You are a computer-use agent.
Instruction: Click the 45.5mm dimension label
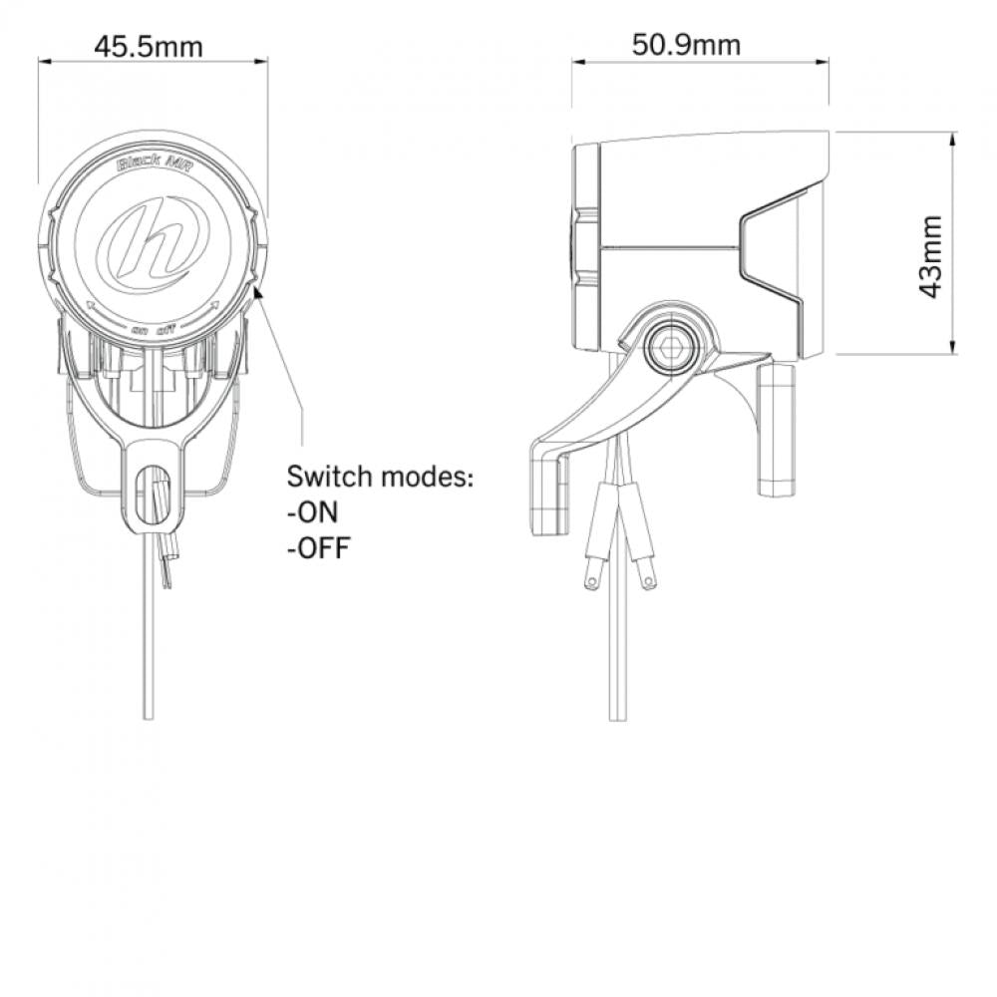pos(149,47)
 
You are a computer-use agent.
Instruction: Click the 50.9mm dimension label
pos(687,45)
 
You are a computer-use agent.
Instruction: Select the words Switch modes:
pos(380,476)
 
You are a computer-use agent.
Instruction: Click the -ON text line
pos(312,511)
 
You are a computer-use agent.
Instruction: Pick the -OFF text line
pos(319,548)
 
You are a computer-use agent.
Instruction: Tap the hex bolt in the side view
pos(673,349)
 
